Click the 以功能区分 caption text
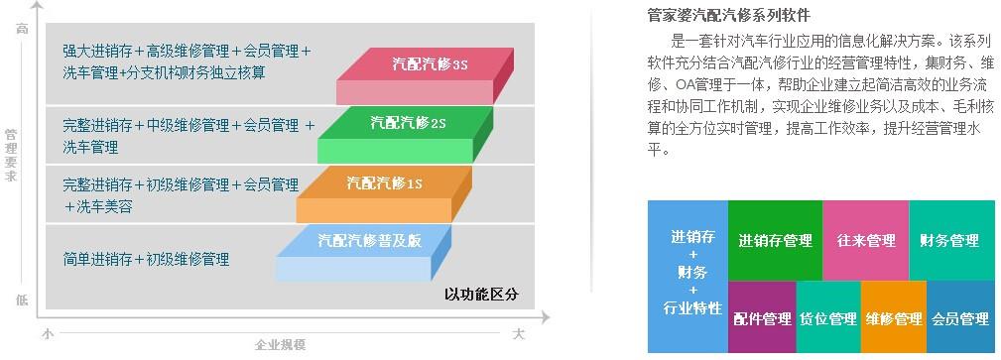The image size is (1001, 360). (481, 295)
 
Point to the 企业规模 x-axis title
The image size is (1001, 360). (280, 345)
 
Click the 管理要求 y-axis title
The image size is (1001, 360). (11, 154)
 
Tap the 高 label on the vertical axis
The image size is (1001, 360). (22, 29)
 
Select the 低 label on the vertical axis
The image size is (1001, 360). (22, 300)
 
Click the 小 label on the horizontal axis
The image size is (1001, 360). (47, 334)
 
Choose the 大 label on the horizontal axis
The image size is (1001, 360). (518, 334)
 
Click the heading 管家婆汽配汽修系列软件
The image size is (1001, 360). (728, 16)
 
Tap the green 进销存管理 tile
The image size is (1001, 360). (775, 241)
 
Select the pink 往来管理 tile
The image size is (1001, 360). (865, 241)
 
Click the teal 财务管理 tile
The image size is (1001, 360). (950, 241)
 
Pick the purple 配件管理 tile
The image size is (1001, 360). (762, 318)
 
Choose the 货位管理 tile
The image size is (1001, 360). (827, 318)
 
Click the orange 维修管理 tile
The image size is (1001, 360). (893, 318)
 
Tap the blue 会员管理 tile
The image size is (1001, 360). (960, 318)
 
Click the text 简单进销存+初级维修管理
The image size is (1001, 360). (146, 260)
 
